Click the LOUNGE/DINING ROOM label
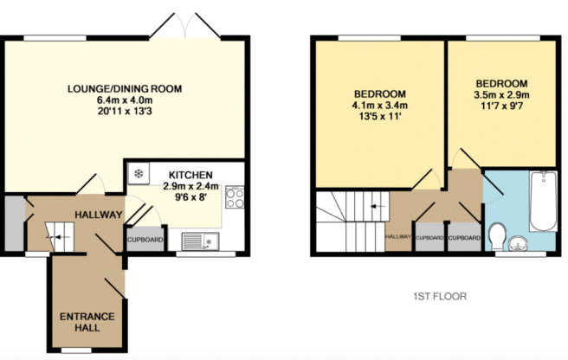pos(126,88)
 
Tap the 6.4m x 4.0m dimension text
pos(126,101)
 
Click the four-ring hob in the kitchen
pos(234,197)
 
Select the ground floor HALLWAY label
pos(97,215)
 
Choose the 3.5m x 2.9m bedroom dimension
pos(500,95)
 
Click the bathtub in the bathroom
pos(543,201)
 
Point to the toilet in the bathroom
pos(497,235)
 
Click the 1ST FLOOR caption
pos(439,296)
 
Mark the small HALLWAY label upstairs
pos(397,236)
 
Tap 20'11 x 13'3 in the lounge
pos(126,113)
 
